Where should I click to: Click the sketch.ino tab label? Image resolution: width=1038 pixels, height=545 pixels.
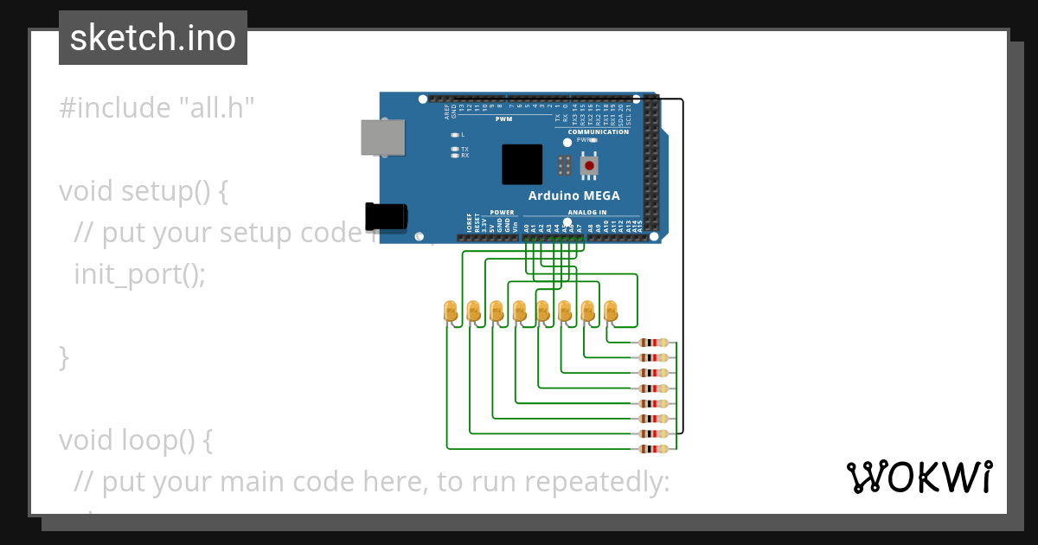tap(152, 38)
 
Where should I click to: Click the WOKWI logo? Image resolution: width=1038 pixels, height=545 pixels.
tap(919, 477)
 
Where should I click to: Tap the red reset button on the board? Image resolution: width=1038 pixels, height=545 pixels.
tap(590, 164)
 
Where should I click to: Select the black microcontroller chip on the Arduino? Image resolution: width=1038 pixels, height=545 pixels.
tap(522, 164)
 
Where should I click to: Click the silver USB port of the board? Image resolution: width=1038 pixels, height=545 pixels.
tap(381, 138)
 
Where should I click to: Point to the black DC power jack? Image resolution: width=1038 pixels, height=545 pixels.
tap(386, 216)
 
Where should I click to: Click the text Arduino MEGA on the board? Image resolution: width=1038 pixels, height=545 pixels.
tap(573, 196)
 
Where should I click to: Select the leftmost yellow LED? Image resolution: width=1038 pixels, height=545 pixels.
tap(450, 311)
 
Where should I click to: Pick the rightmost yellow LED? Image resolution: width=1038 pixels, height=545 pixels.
tap(610, 311)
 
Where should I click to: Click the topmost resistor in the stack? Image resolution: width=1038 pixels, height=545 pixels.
tap(653, 343)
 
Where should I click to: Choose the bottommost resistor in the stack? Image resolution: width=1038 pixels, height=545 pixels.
tap(653, 449)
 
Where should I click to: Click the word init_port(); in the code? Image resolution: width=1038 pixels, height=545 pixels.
tap(140, 274)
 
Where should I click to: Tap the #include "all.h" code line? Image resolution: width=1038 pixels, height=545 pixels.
tap(157, 108)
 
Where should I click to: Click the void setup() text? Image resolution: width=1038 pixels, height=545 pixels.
tap(144, 191)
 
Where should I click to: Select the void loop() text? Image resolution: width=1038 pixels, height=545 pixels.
tap(136, 440)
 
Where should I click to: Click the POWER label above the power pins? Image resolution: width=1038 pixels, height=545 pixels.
tap(502, 212)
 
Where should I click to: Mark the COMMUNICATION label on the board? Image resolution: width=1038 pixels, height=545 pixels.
tap(599, 131)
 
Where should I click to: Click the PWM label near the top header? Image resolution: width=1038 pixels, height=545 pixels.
tap(503, 119)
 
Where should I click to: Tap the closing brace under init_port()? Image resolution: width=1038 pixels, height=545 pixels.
tap(63, 356)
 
